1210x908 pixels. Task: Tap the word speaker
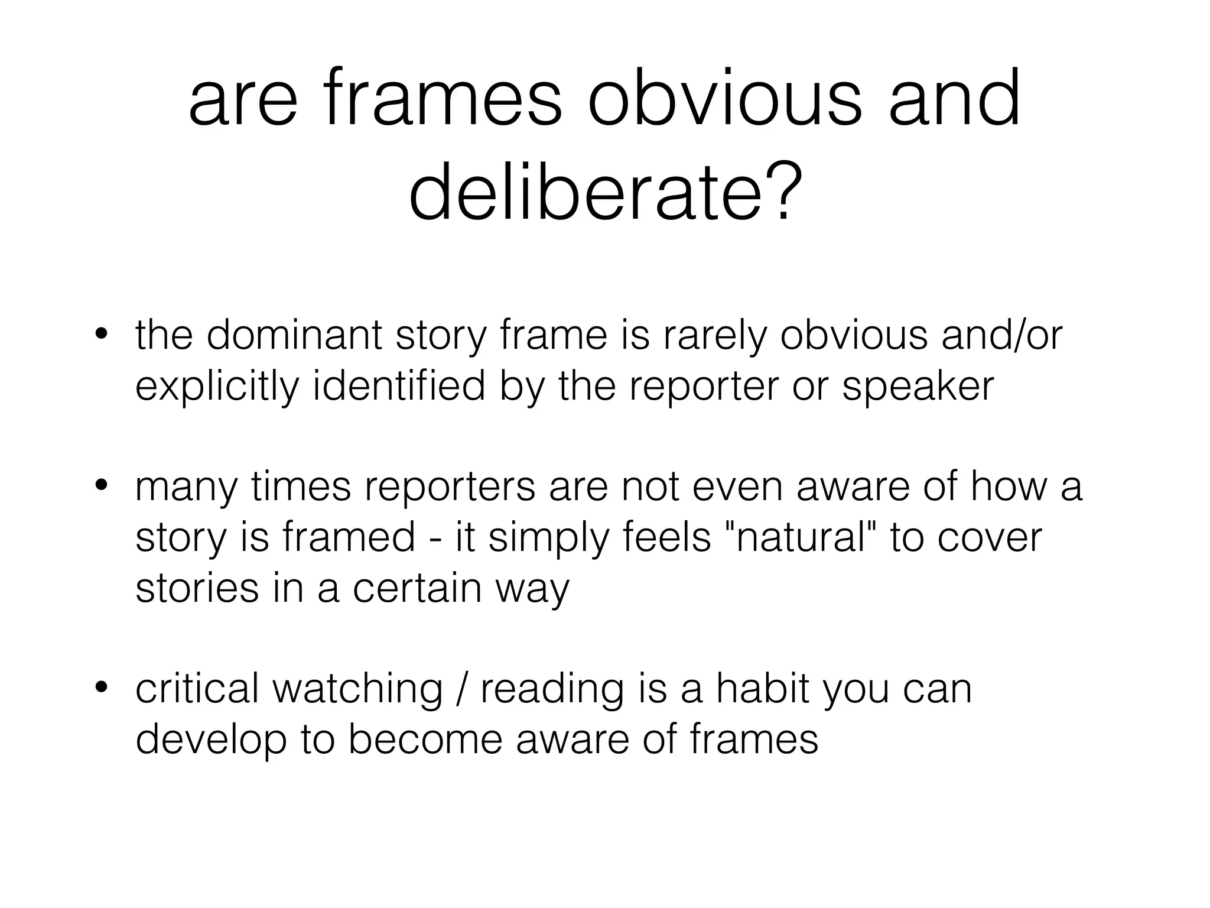coord(918,387)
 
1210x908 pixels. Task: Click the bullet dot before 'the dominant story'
coord(102,335)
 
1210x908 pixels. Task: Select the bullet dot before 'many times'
coord(102,487)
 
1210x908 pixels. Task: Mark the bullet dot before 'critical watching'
coord(102,688)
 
